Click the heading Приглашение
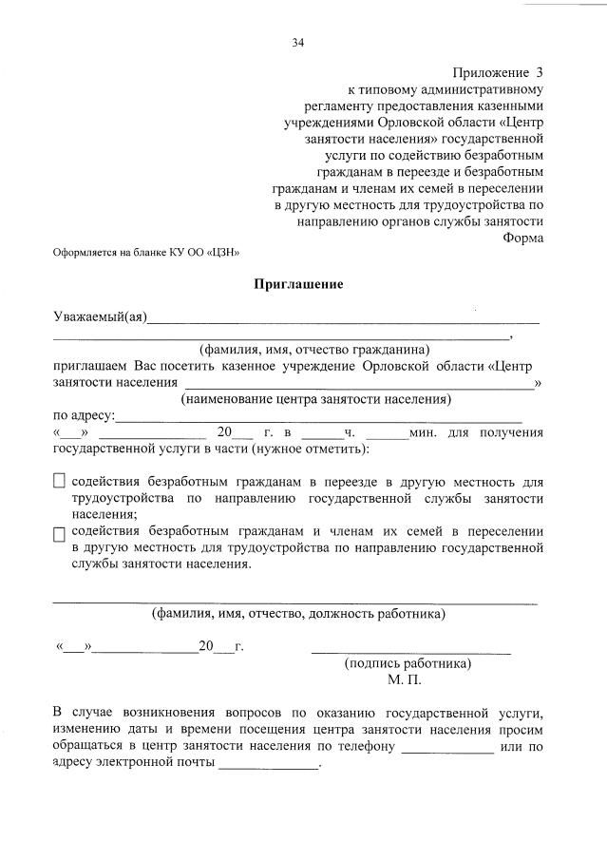[x=298, y=284]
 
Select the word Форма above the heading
[x=522, y=237]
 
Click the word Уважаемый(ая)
[x=99, y=316]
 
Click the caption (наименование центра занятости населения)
[x=316, y=398]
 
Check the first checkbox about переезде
[x=60, y=482]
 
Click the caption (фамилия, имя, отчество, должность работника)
[x=298, y=614]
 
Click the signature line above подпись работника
[x=410, y=651]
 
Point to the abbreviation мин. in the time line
[x=422, y=433]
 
